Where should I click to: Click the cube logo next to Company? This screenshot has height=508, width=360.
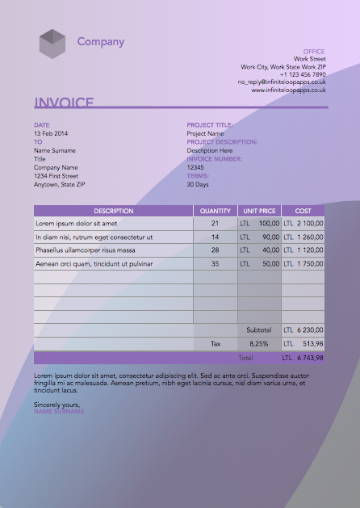coord(52,43)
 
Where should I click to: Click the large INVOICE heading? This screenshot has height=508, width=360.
coord(64,103)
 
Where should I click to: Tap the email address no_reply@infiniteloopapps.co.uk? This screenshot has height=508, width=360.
coord(282,82)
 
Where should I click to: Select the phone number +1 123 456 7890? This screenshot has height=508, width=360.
coord(303,74)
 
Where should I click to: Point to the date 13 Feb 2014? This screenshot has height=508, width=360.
coord(51,132)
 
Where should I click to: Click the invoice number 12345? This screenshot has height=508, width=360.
coord(195,167)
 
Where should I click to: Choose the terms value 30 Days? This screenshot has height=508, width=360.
coord(198,184)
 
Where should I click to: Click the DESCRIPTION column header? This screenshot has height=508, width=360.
coord(113,211)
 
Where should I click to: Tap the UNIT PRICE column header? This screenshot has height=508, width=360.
coord(260,211)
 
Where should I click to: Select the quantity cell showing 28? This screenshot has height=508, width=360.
coord(215,250)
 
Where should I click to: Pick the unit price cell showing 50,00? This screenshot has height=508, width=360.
coord(270,264)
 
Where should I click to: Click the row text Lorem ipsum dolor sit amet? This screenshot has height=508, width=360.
coord(77,223)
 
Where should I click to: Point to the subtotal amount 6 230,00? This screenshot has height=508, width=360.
coord(310,330)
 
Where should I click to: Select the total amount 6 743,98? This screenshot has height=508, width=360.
coord(310,357)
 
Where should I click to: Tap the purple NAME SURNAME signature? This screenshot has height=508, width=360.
coord(59,412)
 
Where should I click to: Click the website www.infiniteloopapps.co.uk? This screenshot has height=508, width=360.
coord(288,90)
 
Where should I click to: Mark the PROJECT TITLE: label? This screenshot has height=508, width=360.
coord(210,124)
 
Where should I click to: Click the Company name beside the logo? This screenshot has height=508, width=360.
coord(101,42)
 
